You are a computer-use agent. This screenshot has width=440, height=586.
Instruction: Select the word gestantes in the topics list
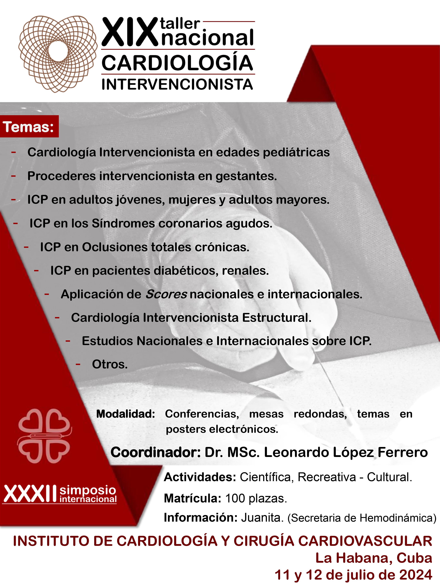click(x=246, y=176)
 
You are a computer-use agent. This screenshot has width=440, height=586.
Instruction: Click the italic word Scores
click(x=166, y=294)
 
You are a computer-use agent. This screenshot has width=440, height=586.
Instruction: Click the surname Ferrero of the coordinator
click(x=403, y=452)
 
